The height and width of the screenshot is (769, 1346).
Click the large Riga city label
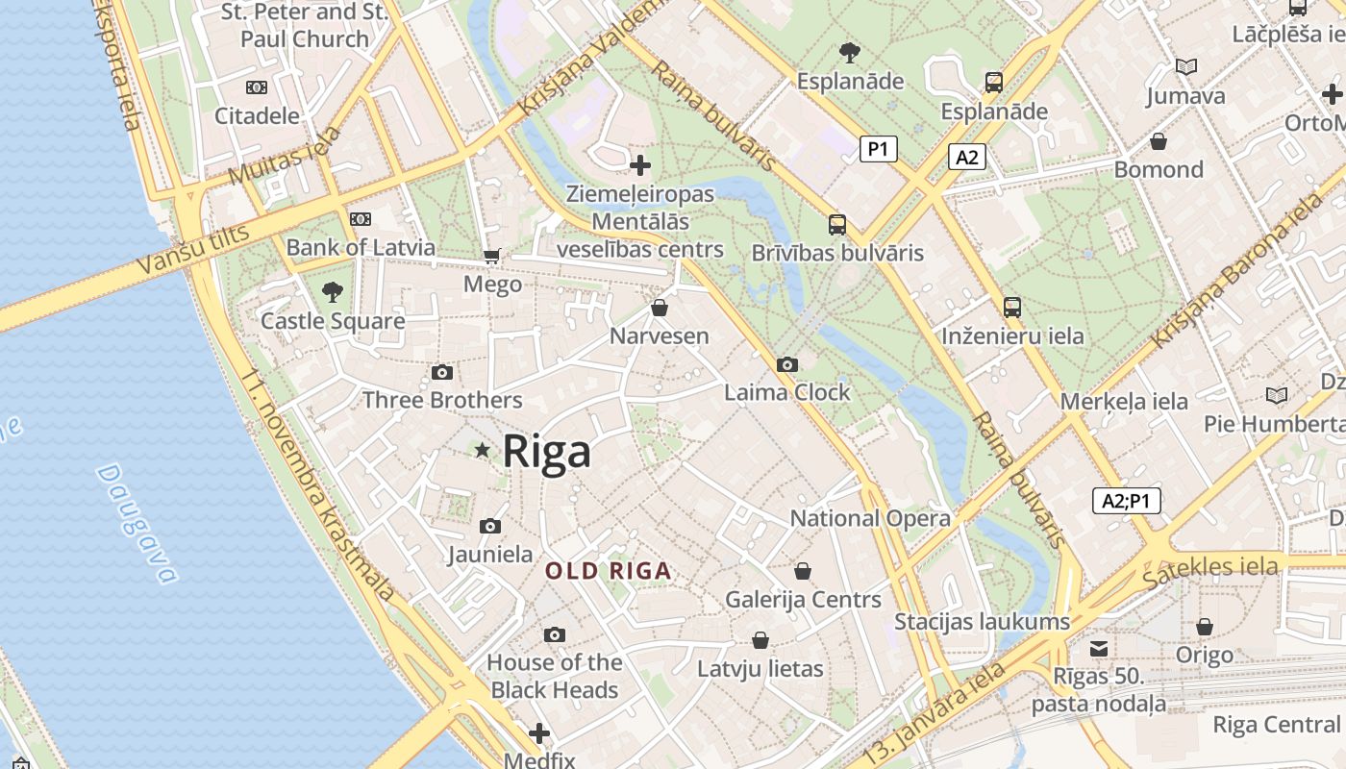(x=546, y=451)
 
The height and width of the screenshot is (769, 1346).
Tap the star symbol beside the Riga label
(x=483, y=450)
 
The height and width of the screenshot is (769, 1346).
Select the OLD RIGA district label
(x=608, y=571)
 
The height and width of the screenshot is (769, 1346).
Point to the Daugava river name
(x=137, y=524)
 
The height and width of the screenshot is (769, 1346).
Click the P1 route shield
(x=878, y=149)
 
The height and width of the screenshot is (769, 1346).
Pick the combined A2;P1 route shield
(x=1126, y=501)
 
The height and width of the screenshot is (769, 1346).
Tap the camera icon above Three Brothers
(x=442, y=372)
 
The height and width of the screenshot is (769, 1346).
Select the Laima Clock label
(x=787, y=392)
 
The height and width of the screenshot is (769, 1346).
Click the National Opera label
(x=870, y=518)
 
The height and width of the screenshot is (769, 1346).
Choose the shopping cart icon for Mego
(x=492, y=256)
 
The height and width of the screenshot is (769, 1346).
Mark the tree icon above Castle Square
(x=333, y=291)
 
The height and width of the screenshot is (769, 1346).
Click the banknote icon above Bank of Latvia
(x=361, y=219)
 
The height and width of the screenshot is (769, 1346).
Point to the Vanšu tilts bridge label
(x=192, y=249)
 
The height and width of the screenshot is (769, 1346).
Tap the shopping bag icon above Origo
(x=1204, y=627)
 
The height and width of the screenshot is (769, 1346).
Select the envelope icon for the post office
(x=1098, y=648)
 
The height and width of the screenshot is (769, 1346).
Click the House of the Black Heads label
(x=555, y=676)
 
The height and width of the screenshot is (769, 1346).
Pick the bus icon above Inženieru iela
(x=1011, y=308)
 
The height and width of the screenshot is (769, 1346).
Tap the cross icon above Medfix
(x=539, y=733)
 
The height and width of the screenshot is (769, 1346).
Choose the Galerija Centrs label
(x=803, y=599)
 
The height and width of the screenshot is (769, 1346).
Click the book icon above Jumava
(x=1186, y=67)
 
